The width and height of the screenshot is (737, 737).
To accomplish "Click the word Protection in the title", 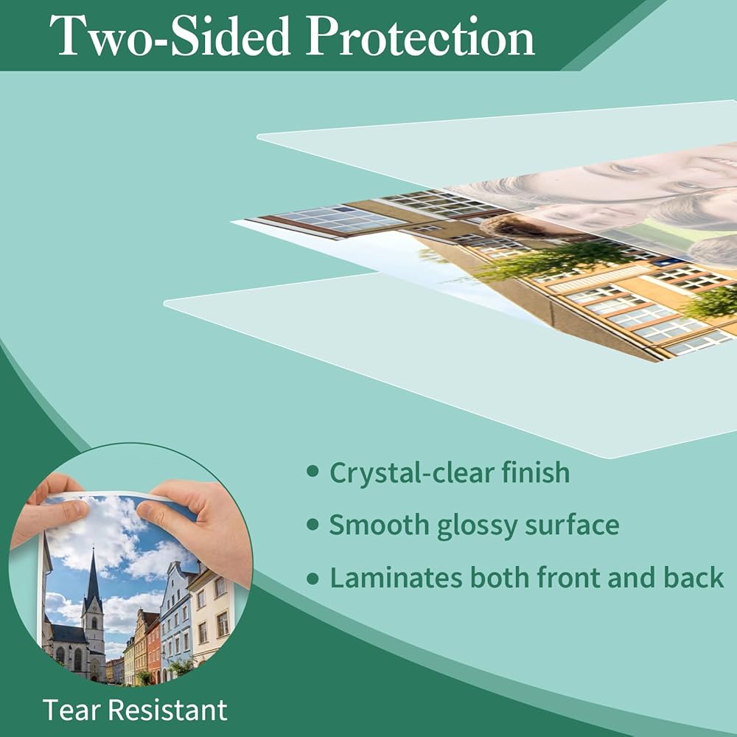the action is [421, 36].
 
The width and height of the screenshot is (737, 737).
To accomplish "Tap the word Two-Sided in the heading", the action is [170, 36].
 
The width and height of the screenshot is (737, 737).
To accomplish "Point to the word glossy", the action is [477, 526].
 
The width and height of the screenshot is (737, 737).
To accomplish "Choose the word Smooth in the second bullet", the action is [379, 524].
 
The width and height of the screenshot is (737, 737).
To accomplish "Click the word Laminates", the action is [396, 577].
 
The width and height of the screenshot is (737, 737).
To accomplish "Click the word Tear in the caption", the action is [69, 710].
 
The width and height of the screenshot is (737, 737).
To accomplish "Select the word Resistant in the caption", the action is [166, 710].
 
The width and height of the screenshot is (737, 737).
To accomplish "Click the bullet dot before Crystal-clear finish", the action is [312, 472].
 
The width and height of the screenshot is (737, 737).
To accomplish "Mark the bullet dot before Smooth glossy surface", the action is [312, 525].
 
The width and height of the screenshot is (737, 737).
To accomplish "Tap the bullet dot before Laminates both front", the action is [312, 578].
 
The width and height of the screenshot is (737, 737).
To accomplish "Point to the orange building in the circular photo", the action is [153, 649].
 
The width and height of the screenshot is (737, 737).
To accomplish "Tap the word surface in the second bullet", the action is [572, 524].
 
